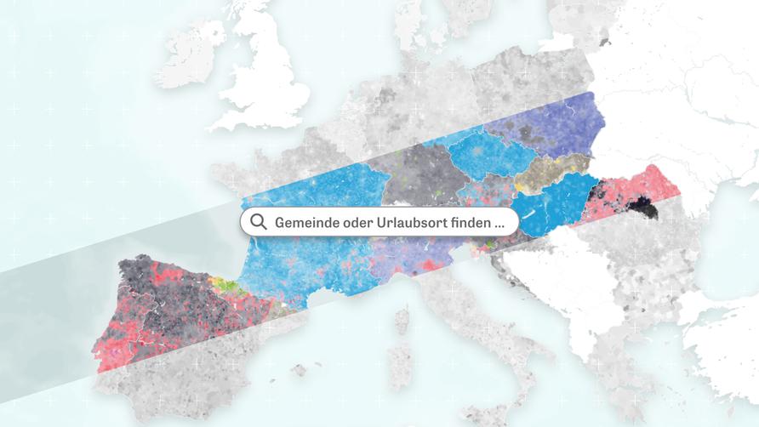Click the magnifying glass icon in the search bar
[x=258, y=223]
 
